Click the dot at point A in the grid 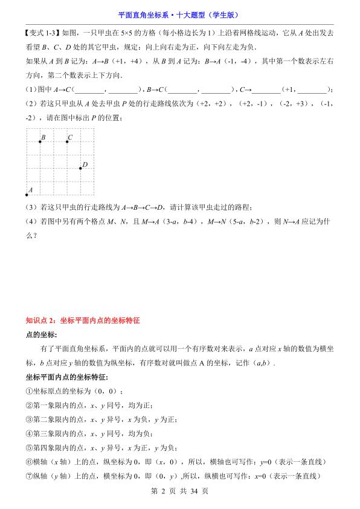pyautogui.click(x=27, y=195)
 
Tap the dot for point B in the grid pyautogui.click(x=40, y=141)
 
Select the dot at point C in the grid pyautogui.click(x=66, y=141)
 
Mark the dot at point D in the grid pyautogui.click(x=80, y=168)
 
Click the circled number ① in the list pyautogui.click(x=29, y=391)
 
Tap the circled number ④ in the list pyautogui.click(x=29, y=433)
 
